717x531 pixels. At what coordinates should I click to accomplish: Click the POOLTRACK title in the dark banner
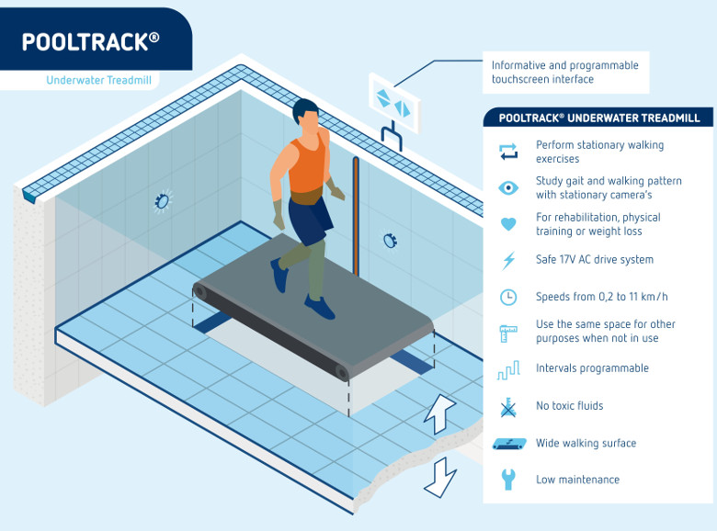90,41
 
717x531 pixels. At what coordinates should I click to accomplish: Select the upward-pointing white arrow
439,414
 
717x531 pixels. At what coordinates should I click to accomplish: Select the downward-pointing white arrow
440,476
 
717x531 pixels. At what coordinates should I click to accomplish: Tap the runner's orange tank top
307,166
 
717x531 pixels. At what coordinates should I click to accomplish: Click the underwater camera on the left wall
163,200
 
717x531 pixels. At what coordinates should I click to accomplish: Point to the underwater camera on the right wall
389,241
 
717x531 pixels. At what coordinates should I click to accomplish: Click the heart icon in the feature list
507,224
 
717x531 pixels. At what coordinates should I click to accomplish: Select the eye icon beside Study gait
507,188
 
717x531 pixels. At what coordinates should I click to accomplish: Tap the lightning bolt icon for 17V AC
507,260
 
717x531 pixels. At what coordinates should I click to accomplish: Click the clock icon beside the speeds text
507,297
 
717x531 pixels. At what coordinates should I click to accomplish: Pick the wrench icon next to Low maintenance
507,480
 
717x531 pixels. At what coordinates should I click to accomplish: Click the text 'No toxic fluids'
569,406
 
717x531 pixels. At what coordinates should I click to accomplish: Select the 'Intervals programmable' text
592,368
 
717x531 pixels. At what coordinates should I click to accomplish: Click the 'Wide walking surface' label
586,444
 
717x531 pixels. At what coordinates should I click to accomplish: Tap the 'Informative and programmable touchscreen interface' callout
564,73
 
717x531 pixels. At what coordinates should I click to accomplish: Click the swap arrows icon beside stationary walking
507,152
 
